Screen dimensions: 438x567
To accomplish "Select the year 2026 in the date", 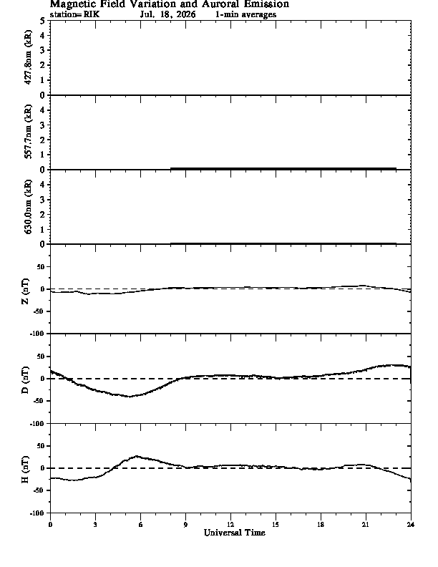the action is [x=186, y=14].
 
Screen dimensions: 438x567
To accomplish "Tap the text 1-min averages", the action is [x=245, y=14].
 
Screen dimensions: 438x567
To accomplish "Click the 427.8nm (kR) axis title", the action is [x=28, y=57].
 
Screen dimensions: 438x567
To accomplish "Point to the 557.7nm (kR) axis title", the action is [x=28, y=132].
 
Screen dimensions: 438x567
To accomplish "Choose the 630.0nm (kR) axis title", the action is [x=28, y=206].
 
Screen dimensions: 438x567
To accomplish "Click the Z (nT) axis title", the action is [x=25, y=291].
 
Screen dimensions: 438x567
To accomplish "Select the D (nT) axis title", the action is [x=25, y=380].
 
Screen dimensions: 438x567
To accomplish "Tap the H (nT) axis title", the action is [x=25, y=470].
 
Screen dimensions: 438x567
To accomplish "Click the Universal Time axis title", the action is [x=235, y=533].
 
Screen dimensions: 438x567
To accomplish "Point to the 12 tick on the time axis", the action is [x=230, y=525].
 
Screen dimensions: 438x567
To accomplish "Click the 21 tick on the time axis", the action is [x=366, y=525].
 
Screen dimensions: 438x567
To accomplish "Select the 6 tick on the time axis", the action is [x=140, y=525].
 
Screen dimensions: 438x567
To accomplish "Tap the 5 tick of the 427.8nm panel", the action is [x=43, y=21].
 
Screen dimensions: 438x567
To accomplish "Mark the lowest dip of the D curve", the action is [x=130, y=397].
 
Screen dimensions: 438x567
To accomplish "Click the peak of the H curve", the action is [x=137, y=456].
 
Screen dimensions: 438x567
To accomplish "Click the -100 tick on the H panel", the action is [x=38, y=513].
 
